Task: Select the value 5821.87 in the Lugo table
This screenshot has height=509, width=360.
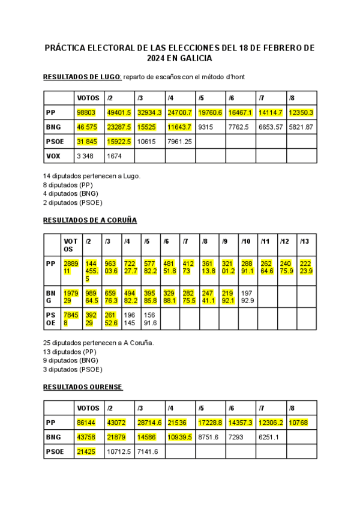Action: point(301,127)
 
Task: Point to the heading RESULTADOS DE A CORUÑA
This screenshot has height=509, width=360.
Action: point(90,220)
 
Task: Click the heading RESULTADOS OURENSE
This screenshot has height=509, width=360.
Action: point(83,387)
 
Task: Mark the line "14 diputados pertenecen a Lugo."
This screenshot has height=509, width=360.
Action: point(92,176)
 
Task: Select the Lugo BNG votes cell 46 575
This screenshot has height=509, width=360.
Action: point(88,127)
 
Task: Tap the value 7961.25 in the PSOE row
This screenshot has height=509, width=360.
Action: point(179,142)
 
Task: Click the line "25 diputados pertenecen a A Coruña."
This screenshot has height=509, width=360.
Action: point(98,343)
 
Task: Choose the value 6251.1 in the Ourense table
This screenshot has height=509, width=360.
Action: point(269,437)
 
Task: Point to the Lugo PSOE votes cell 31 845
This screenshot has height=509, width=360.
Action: point(88,142)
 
